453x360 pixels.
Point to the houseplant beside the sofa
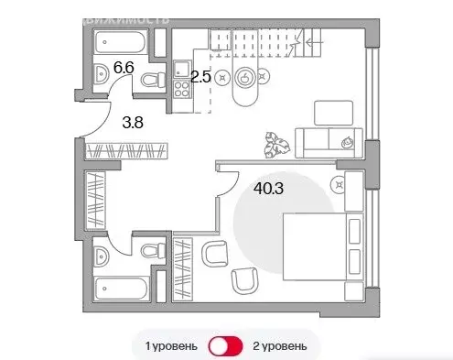coord(275,143)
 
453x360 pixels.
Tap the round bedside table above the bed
coord(340,186)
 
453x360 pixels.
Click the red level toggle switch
coord(225,346)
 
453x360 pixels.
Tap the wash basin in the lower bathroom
coord(103,249)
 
